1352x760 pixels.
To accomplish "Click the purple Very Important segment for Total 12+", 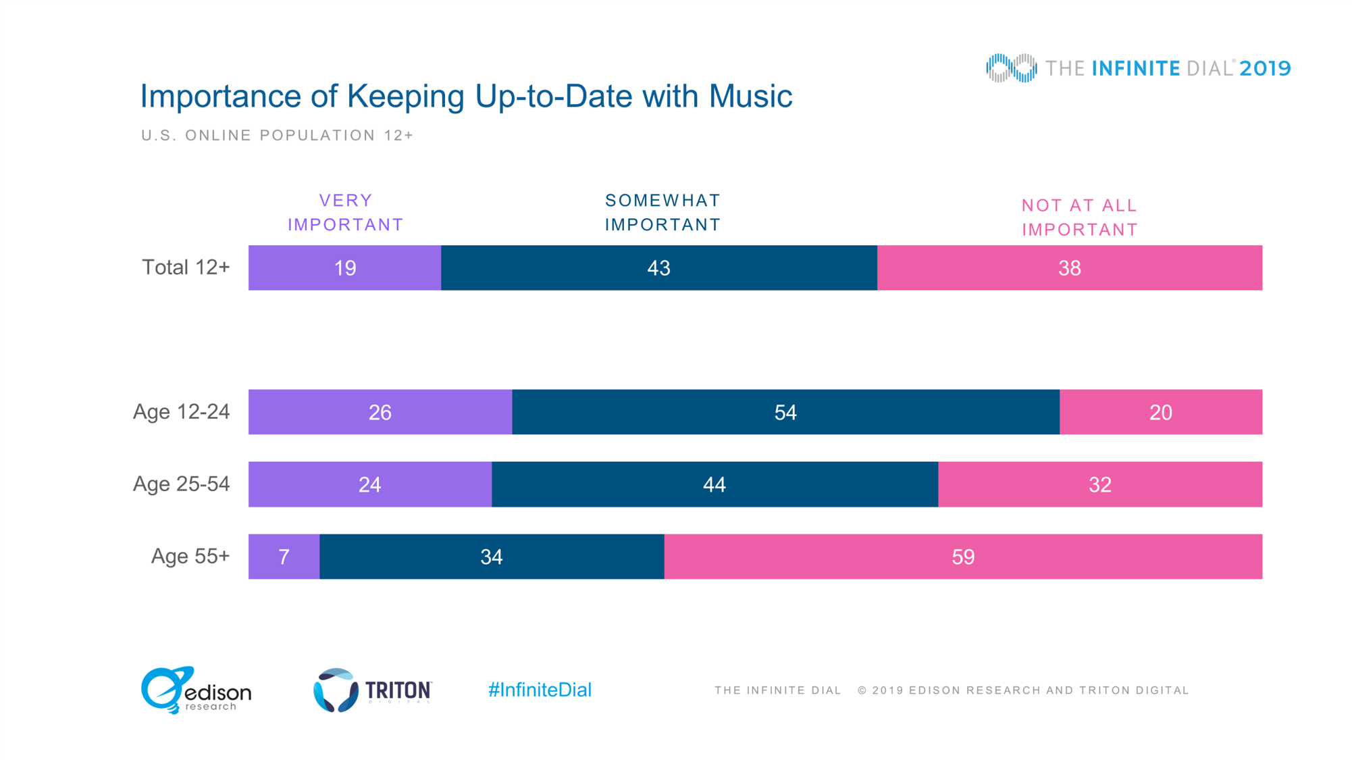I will [x=344, y=268].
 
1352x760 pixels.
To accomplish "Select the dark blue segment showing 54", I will [x=785, y=412].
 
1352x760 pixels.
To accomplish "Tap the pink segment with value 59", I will [x=963, y=557].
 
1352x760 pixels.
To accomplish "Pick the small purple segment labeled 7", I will [x=284, y=557].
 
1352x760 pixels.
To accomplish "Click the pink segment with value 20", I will [x=1160, y=412].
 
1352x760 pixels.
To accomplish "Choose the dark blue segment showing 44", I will [x=714, y=484].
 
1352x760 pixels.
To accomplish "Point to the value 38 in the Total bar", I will [x=1070, y=268].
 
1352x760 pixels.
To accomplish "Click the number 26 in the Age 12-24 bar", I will [x=380, y=412].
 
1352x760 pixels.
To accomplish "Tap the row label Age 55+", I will [x=190, y=556].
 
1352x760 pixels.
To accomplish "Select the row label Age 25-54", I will [x=181, y=484].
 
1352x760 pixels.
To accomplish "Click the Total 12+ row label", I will [x=186, y=268].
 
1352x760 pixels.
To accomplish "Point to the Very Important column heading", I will [x=346, y=213].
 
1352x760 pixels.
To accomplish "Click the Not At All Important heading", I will [x=1079, y=218].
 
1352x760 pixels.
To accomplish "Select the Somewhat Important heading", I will [x=662, y=213].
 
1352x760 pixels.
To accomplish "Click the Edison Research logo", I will [x=196, y=690].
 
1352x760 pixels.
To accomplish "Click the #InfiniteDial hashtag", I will [x=540, y=690].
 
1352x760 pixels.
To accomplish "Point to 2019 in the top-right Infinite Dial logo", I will [x=1265, y=68].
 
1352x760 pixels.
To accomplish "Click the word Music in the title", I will [x=750, y=96].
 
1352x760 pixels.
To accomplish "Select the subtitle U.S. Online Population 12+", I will [x=277, y=136].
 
